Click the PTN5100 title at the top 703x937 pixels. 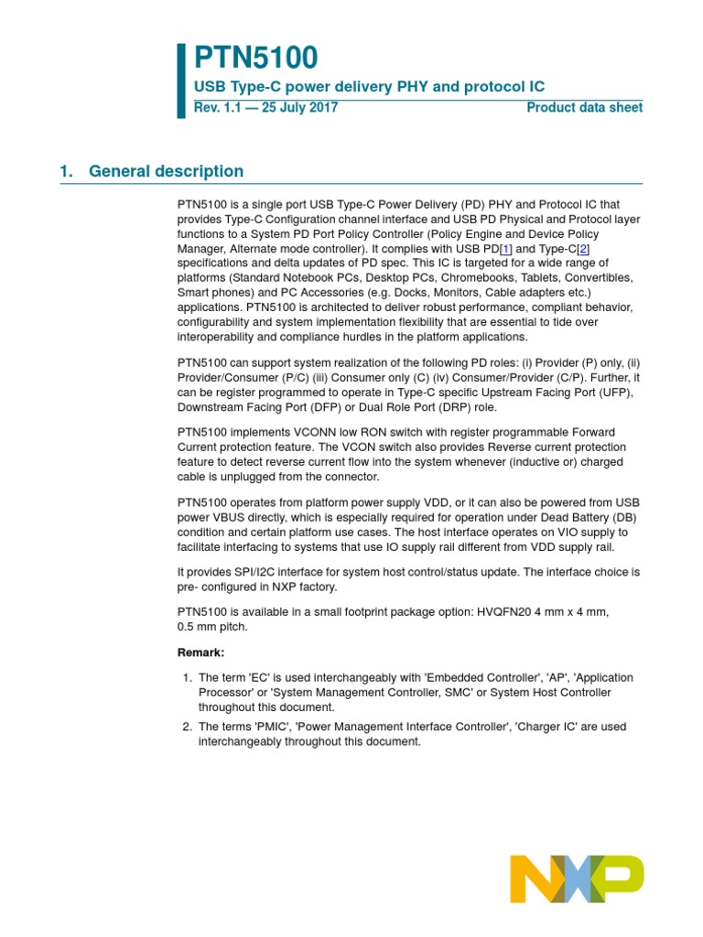(256, 58)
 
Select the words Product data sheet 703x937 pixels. (584, 107)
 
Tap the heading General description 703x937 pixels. (167, 171)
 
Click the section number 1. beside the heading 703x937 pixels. (66, 171)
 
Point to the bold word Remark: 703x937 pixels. (200, 652)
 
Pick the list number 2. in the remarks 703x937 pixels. (187, 727)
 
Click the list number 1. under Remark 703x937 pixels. (187, 677)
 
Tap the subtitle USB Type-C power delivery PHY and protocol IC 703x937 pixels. (369, 86)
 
